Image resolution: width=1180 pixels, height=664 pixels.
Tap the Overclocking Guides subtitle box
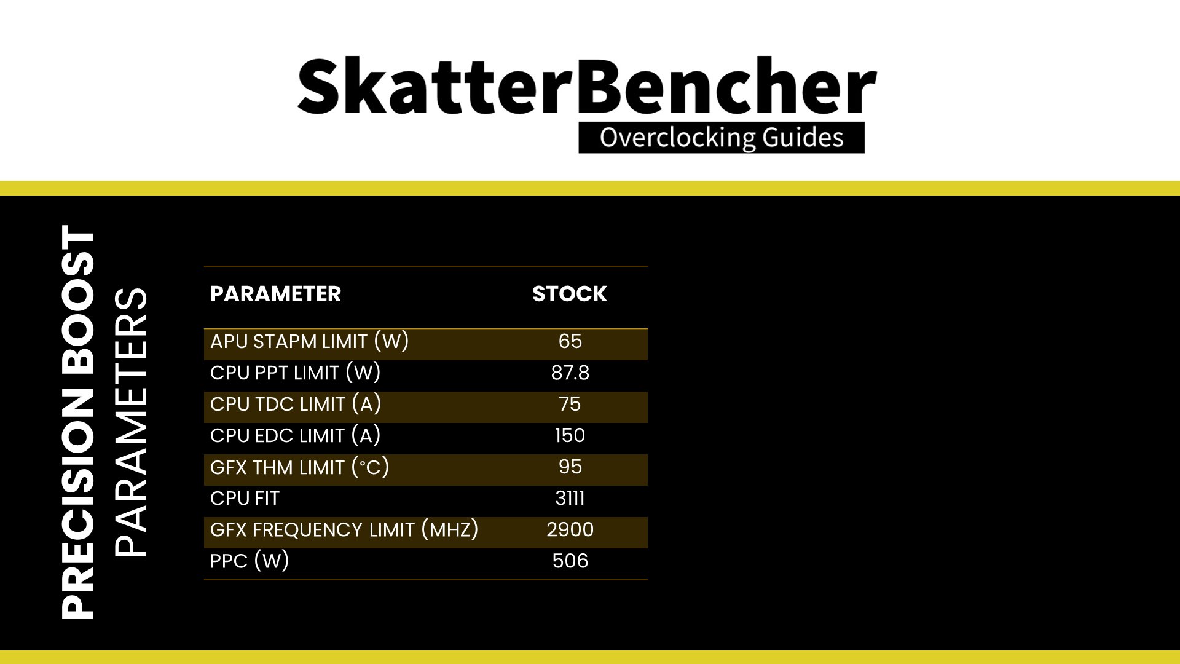click(x=722, y=138)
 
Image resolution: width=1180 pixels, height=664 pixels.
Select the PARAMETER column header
click(x=275, y=294)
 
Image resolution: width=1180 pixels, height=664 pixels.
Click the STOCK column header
click(x=570, y=294)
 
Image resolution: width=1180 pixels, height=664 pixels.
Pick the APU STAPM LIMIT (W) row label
click(x=309, y=341)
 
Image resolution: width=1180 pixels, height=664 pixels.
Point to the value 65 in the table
click(x=570, y=341)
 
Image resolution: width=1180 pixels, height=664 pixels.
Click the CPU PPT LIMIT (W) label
click(x=295, y=373)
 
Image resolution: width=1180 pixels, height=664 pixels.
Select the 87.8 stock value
click(x=570, y=373)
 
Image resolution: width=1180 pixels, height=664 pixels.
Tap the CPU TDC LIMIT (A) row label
click(x=296, y=404)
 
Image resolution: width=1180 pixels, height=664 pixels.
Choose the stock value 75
click(x=570, y=404)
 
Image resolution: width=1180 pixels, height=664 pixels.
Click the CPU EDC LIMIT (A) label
click(x=295, y=435)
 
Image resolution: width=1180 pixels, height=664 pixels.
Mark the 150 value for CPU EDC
click(x=570, y=435)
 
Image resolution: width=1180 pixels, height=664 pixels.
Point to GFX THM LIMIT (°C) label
click(x=299, y=467)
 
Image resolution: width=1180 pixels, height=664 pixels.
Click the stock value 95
click(x=570, y=467)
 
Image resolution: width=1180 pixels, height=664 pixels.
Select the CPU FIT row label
click(x=245, y=498)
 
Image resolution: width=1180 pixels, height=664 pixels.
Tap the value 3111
click(x=570, y=498)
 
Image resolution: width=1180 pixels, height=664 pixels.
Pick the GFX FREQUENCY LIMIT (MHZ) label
click(x=344, y=529)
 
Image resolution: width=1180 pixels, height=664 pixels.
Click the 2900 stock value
click(x=570, y=529)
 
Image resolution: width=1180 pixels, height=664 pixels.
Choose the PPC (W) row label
click(x=250, y=561)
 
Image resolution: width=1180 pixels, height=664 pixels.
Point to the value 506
click(x=570, y=561)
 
